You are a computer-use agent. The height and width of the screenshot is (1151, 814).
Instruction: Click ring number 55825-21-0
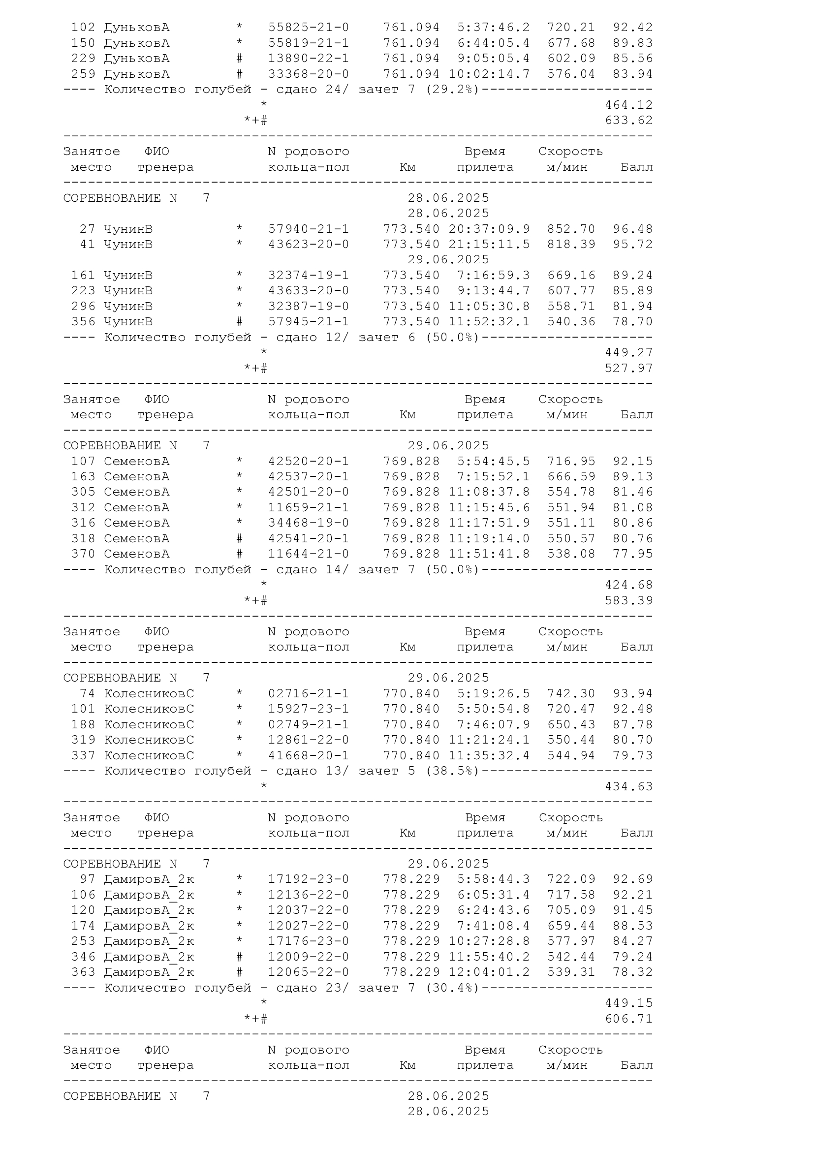tap(308, 27)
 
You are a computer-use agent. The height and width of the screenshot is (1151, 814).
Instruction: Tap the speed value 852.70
tap(571, 229)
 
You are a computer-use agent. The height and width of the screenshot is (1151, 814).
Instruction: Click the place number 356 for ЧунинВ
tap(83, 321)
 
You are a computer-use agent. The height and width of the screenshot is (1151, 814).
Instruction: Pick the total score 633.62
tap(628, 120)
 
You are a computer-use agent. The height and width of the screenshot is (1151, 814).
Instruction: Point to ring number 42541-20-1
tap(308, 538)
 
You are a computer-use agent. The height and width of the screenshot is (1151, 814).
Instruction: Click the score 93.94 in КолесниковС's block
tap(632, 693)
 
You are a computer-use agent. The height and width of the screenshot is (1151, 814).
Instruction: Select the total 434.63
tap(628, 786)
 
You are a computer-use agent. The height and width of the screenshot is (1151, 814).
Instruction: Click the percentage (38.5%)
tap(453, 771)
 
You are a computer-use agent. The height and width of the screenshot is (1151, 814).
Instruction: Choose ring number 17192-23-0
tap(308, 879)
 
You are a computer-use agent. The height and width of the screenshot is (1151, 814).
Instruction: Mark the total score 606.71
tap(628, 1019)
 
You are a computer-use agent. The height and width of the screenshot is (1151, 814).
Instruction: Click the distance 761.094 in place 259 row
tap(411, 74)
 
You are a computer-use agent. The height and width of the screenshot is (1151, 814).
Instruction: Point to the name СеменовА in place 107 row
tap(136, 461)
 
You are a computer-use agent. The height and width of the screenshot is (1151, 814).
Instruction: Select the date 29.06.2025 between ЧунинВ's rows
tap(448, 260)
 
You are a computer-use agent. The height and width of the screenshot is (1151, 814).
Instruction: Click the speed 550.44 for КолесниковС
tap(571, 740)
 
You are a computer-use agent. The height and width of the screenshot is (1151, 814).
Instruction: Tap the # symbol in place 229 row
tap(239, 59)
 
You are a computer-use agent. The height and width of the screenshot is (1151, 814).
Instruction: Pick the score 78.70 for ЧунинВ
tap(632, 321)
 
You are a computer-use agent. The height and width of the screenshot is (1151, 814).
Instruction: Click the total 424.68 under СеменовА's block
tap(628, 585)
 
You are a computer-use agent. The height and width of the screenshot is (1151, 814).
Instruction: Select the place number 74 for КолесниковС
tap(87, 693)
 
